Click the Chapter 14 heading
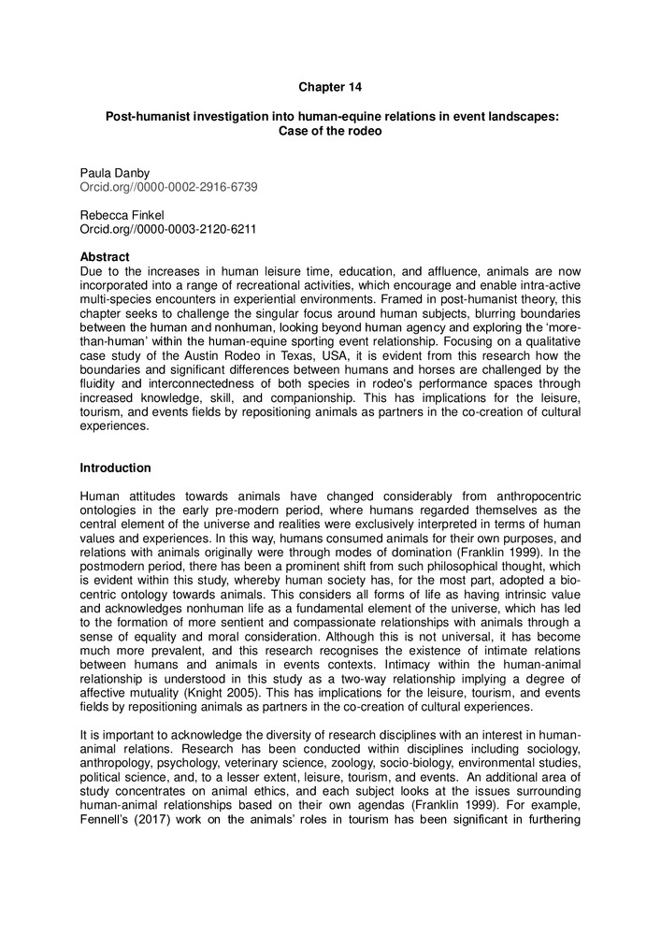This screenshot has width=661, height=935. point(330,87)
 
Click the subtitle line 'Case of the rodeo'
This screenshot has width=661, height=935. point(330,131)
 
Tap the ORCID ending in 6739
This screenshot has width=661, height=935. point(168,187)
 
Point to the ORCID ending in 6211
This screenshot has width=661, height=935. point(168,227)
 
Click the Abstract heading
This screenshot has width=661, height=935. point(105,256)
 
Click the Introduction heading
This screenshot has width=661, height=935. point(115,467)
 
